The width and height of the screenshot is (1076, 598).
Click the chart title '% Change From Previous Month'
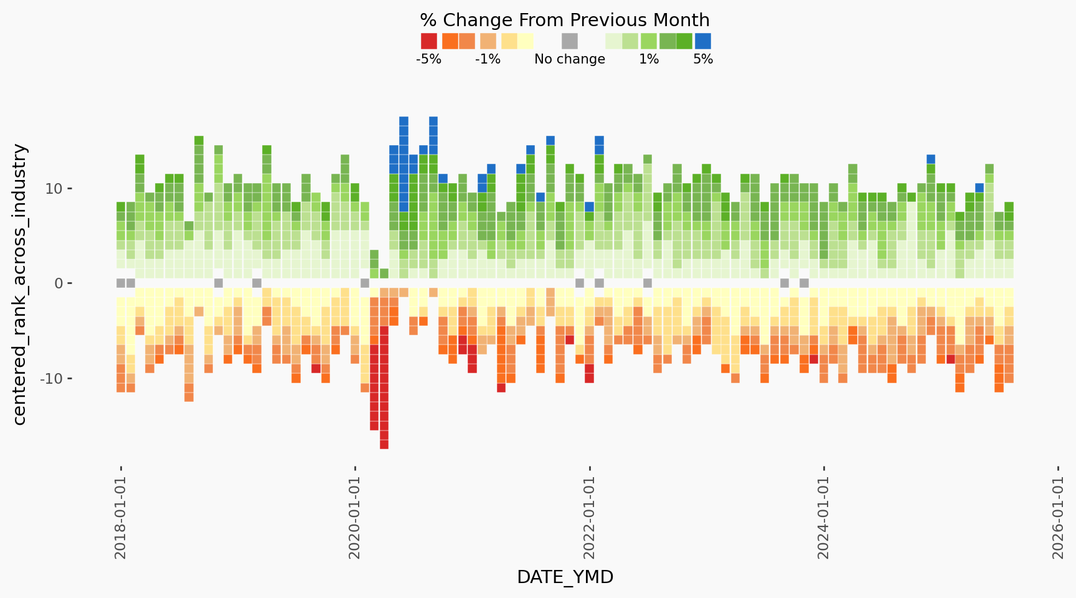[565, 20]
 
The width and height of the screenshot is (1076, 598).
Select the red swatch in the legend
[429, 41]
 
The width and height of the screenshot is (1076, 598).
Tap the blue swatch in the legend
[702, 41]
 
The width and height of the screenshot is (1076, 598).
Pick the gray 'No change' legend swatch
[570, 41]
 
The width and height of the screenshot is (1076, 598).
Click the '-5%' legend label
[428, 59]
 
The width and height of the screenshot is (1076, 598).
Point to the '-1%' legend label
[488, 59]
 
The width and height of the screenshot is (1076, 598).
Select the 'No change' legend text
[570, 59]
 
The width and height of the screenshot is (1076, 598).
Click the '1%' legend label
[649, 59]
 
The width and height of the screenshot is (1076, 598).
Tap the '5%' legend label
[703, 59]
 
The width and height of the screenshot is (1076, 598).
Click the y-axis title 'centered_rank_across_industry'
[20, 284]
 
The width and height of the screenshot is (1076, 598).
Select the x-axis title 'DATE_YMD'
[565, 577]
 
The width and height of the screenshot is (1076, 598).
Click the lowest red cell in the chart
[384, 444]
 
